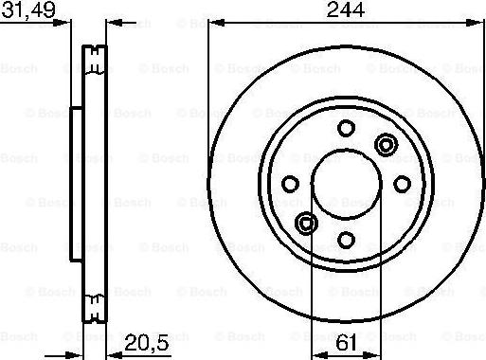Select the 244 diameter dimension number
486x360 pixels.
[346, 10]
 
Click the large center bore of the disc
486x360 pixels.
[346, 183]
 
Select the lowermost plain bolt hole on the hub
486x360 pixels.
[346, 239]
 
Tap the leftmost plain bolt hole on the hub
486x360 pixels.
[291, 183]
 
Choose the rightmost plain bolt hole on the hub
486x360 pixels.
[402, 183]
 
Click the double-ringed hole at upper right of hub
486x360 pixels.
[386, 144]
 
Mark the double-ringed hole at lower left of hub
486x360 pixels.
[306, 223]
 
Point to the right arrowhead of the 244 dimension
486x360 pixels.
[479, 22]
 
